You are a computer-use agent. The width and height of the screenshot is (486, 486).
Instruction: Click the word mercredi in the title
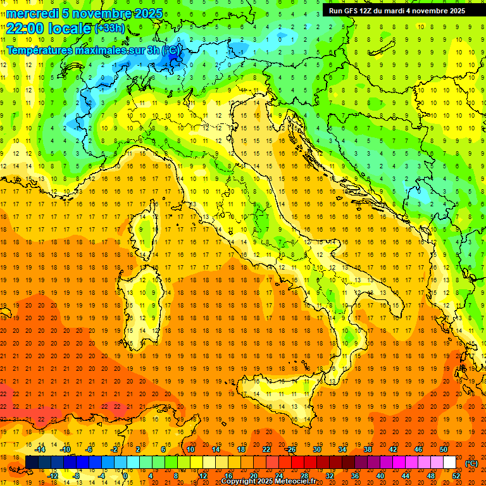[32, 13]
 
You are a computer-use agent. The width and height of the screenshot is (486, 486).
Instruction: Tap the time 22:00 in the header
[27, 28]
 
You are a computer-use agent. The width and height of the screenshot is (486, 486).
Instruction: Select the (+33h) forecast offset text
[109, 28]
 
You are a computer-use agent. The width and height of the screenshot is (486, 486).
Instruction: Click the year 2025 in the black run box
[453, 11]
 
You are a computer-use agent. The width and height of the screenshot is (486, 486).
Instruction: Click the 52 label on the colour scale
[456, 475]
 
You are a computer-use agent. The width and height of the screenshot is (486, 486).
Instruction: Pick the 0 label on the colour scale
[125, 475]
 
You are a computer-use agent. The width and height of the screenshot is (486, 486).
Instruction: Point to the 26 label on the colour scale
[291, 449]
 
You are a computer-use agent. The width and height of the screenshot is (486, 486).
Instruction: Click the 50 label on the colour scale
[443, 449]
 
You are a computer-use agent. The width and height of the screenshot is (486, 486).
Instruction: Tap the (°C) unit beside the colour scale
[471, 463]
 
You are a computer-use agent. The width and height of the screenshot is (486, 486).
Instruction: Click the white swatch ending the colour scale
[449, 463]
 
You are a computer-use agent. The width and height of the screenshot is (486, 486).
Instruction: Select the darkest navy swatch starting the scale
[32, 463]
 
